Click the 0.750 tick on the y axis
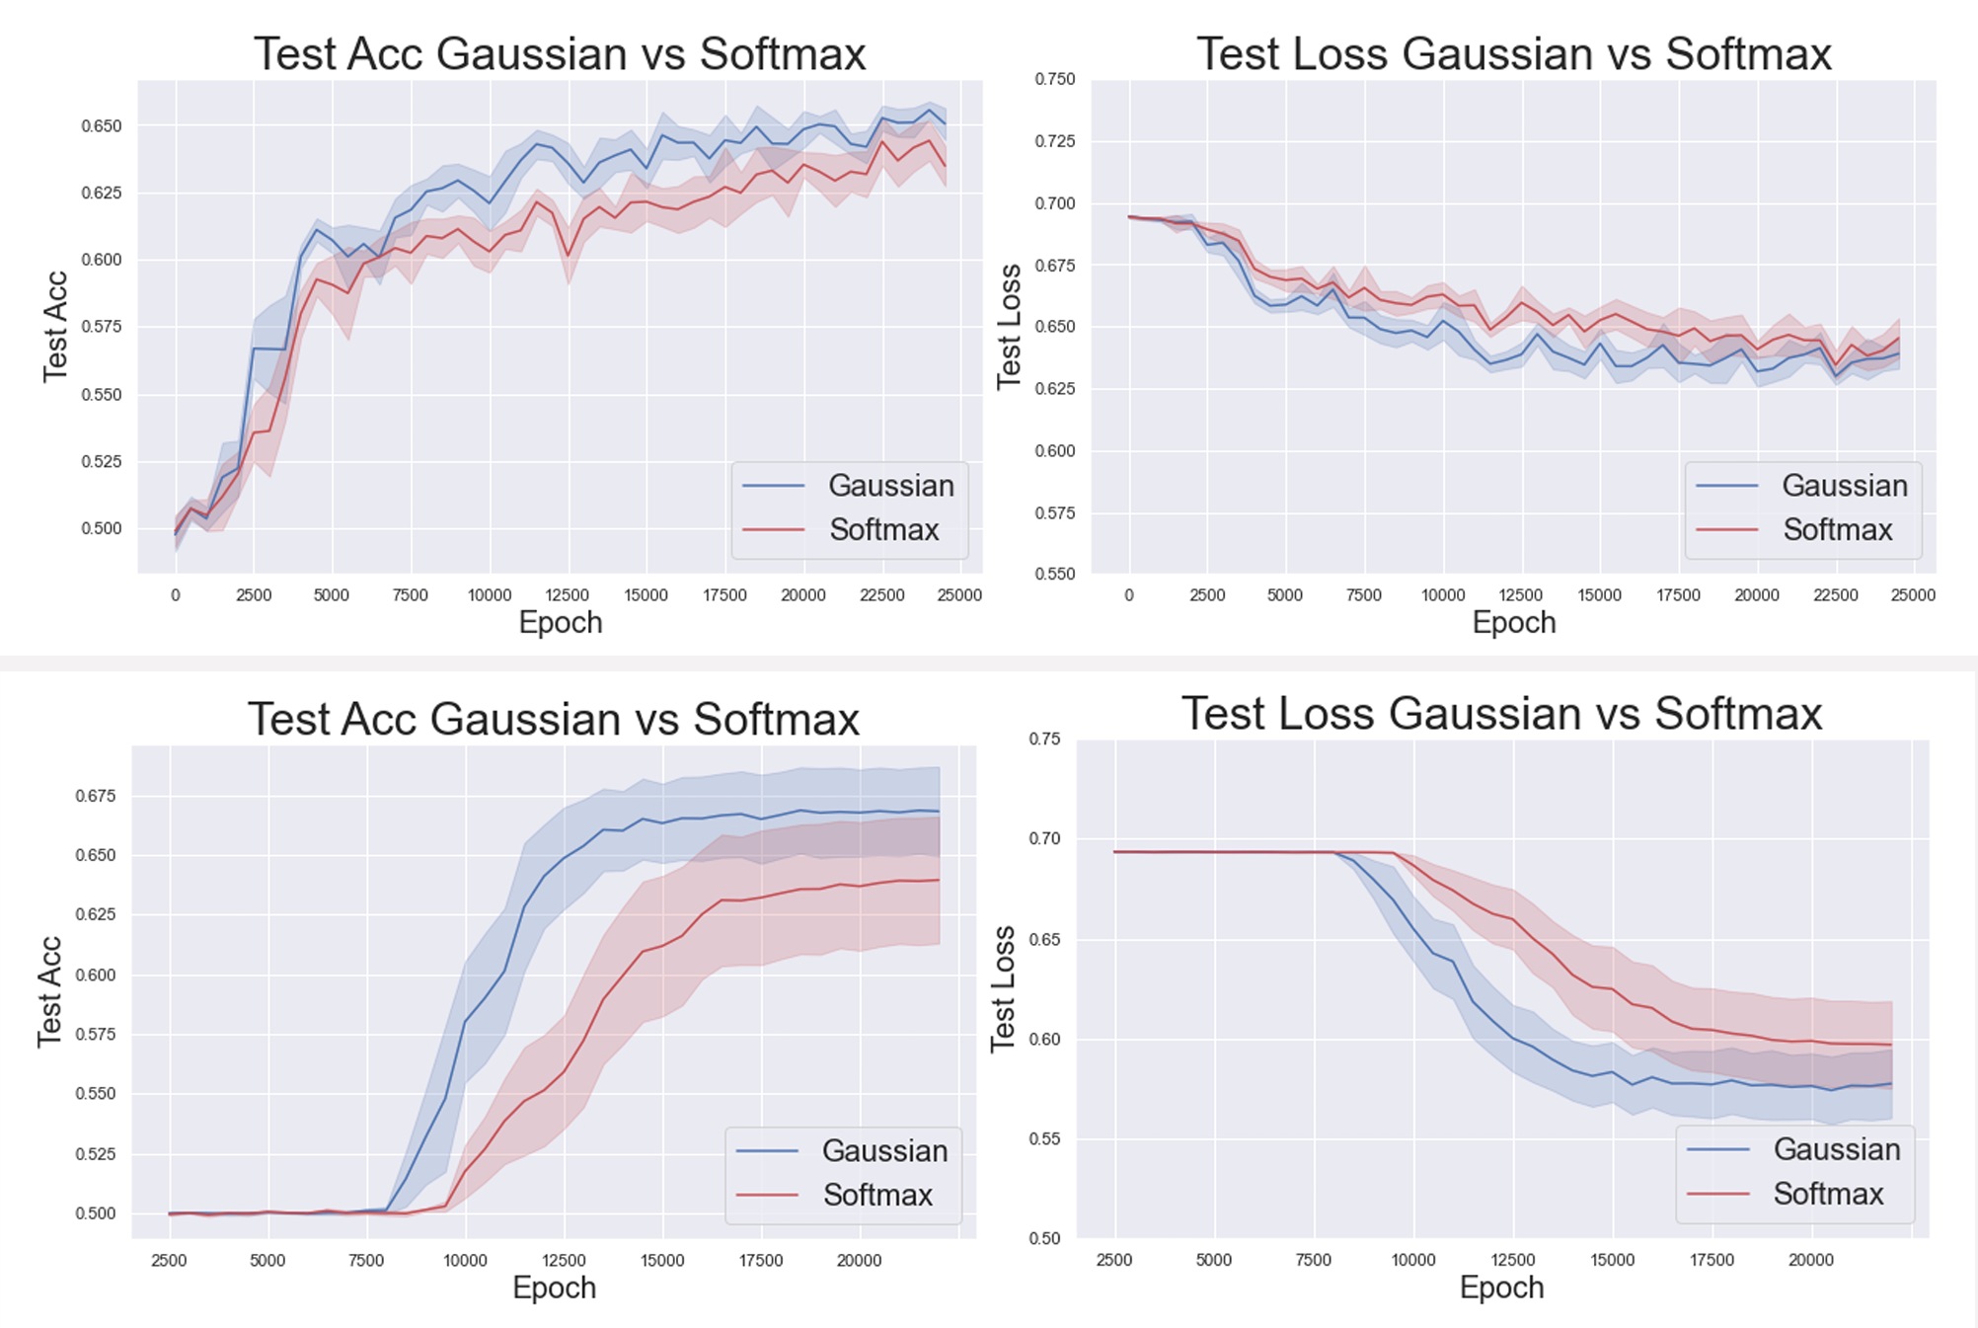(x=1054, y=79)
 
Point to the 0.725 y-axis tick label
(x=1054, y=141)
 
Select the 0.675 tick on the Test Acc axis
(x=95, y=796)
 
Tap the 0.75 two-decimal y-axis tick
(x=1044, y=739)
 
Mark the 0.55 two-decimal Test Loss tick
(x=1044, y=1138)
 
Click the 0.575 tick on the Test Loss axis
(x=1054, y=512)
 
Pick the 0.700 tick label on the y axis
(x=1054, y=203)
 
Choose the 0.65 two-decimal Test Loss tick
(x=1044, y=939)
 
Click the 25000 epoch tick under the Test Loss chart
(x=1913, y=595)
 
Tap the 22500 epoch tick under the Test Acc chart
(x=881, y=595)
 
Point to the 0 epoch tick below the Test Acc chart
(x=176, y=595)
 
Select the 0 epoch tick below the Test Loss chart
(x=1129, y=595)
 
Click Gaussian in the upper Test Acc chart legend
(x=890, y=486)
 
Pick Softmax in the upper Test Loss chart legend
(x=1837, y=530)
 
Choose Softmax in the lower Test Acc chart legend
(x=877, y=1195)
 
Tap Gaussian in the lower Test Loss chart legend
(x=1836, y=1149)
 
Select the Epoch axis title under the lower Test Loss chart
(x=1501, y=1288)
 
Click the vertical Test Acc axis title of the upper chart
(x=55, y=327)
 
